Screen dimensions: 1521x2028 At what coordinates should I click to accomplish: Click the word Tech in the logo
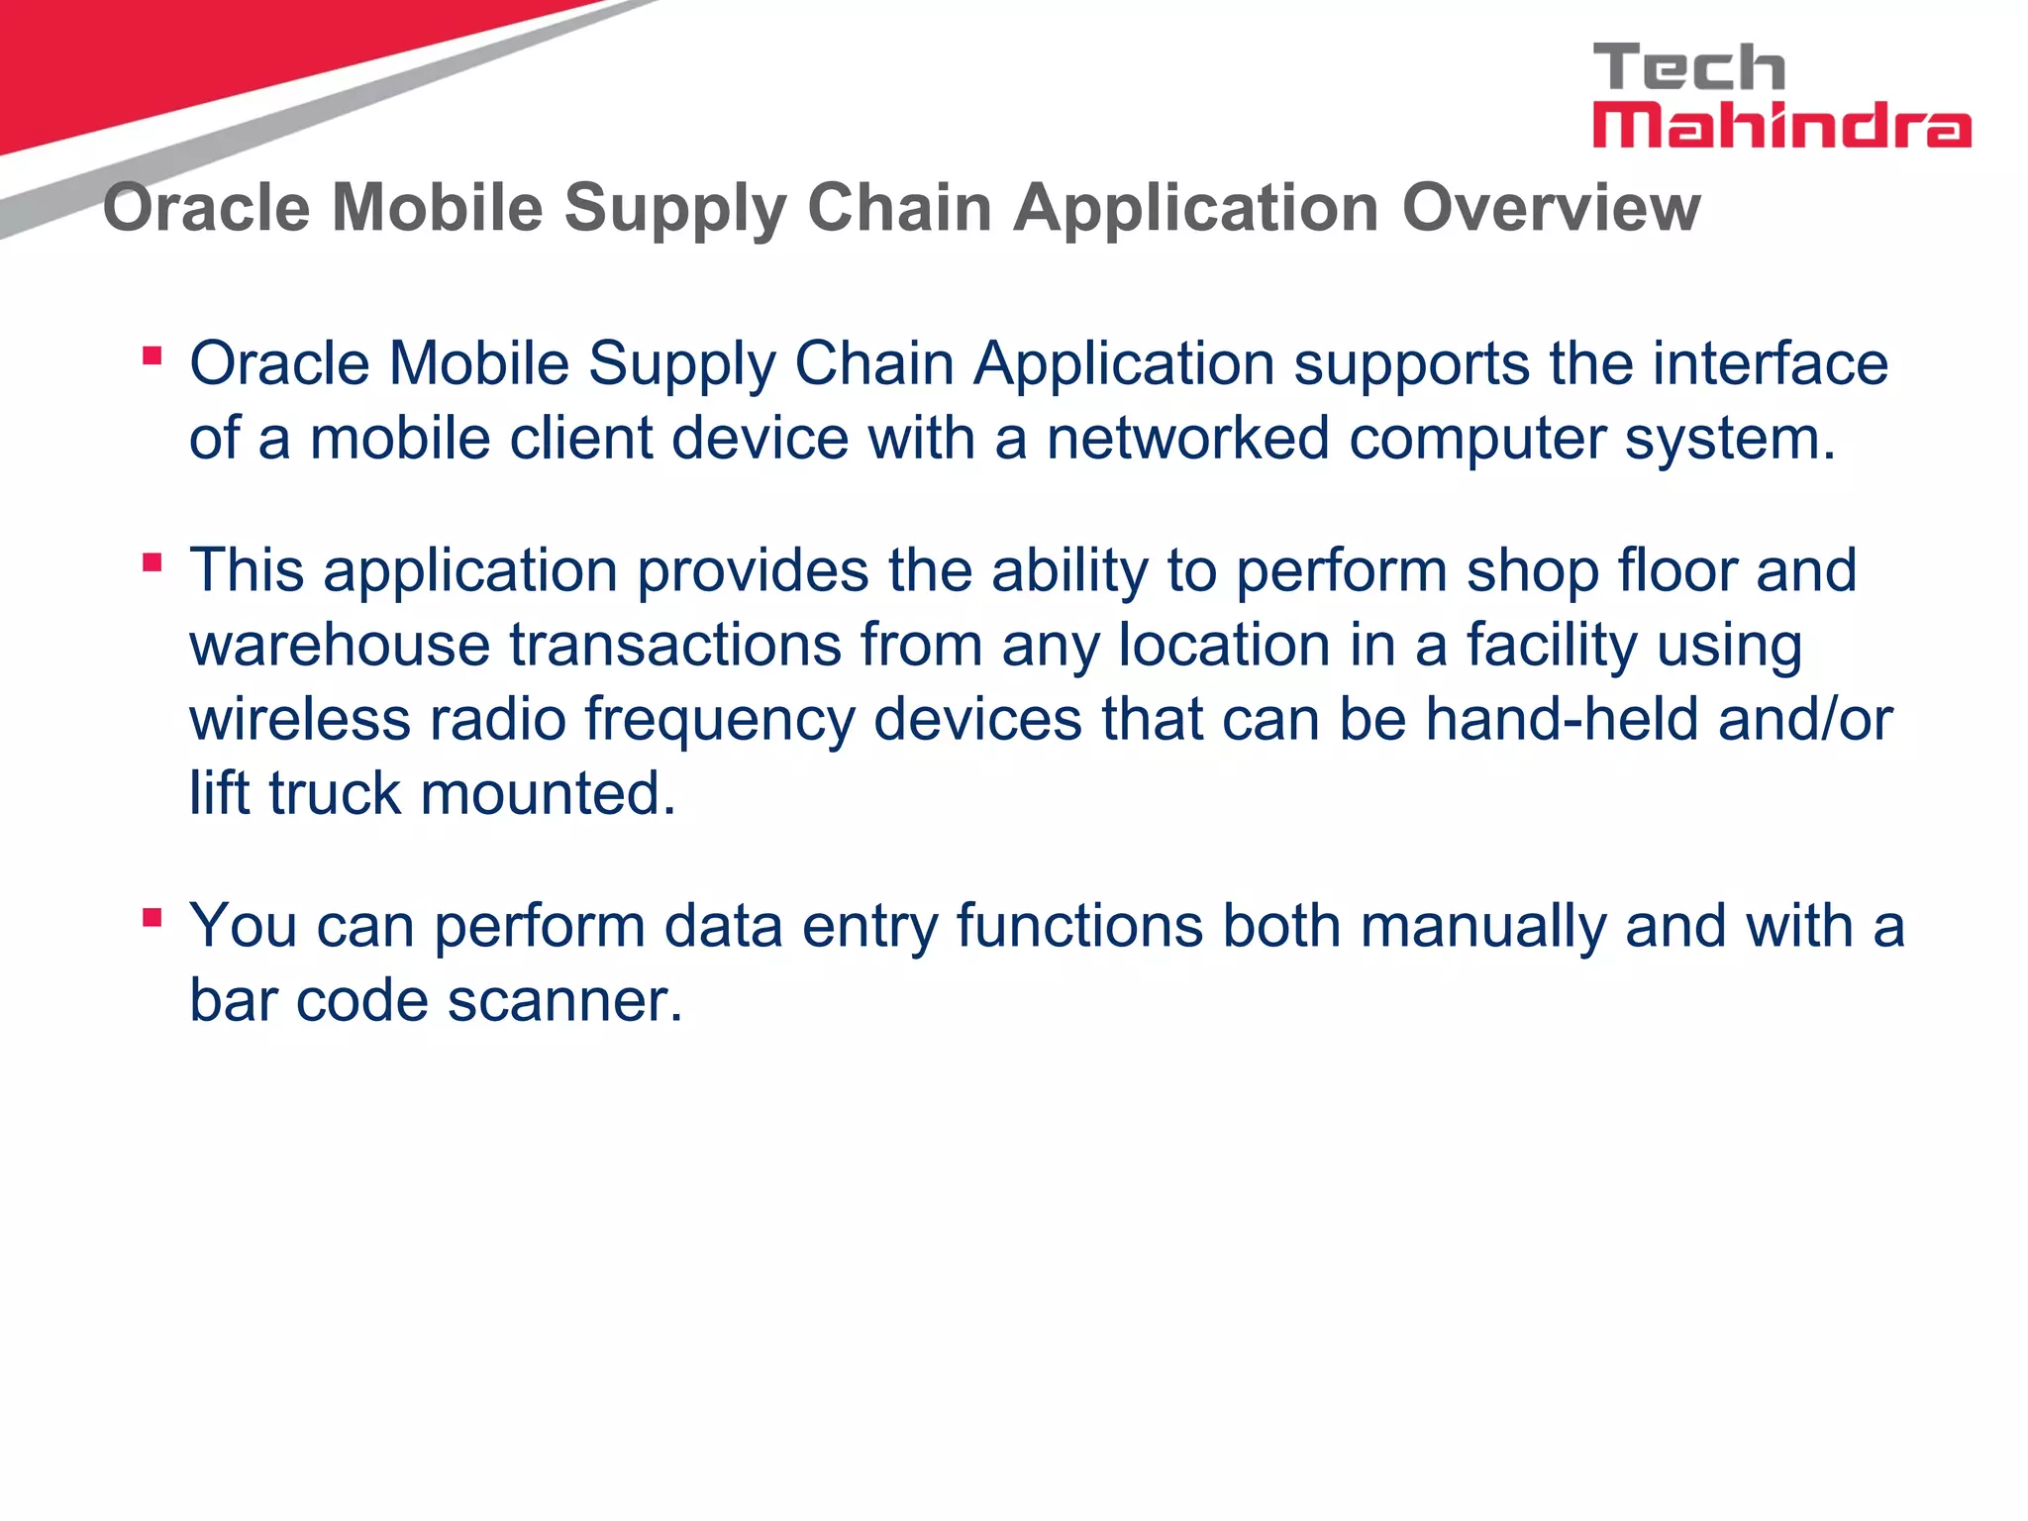click(x=1688, y=67)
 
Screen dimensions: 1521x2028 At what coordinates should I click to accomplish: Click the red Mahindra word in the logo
click(x=1780, y=127)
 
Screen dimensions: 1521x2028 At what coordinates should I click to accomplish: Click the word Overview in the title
click(x=1551, y=208)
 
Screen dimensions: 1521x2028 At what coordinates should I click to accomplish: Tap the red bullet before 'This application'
click(x=152, y=563)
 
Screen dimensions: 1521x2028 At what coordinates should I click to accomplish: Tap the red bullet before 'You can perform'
click(x=152, y=918)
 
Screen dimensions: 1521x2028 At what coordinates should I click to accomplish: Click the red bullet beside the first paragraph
click(x=152, y=355)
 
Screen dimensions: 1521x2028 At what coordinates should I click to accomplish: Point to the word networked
click(x=1187, y=438)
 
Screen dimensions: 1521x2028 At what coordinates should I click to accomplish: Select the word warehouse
click(x=340, y=645)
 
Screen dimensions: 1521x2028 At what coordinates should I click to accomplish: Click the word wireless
click(x=300, y=719)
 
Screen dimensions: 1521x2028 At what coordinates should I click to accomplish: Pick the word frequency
click(x=719, y=721)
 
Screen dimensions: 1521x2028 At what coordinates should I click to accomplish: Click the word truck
click(x=335, y=793)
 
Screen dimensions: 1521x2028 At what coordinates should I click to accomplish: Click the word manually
click(x=1482, y=927)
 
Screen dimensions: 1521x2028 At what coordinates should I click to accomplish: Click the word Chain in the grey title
click(x=899, y=208)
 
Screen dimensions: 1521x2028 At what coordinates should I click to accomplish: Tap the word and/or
click(x=1805, y=719)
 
